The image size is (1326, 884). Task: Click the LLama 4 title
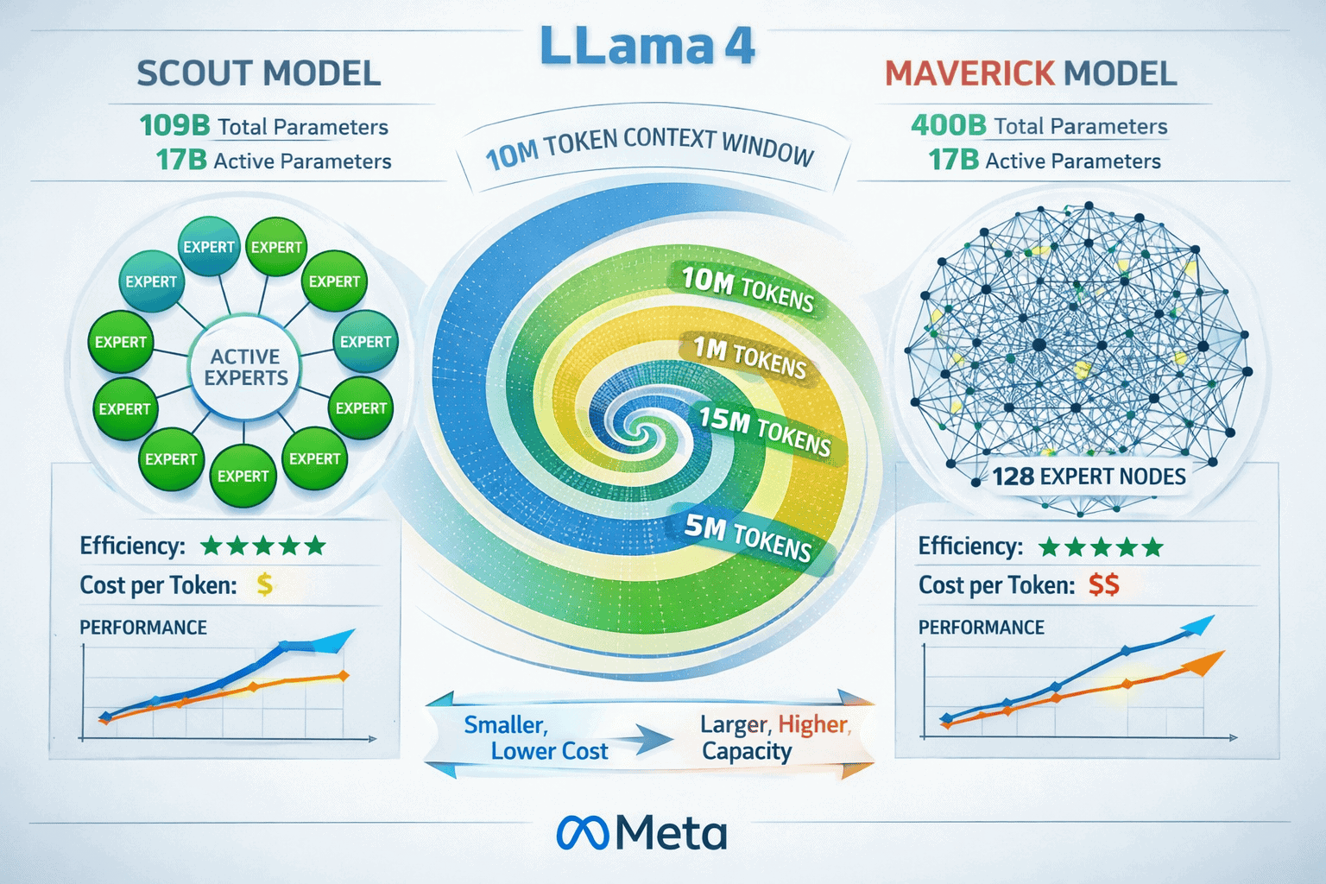coord(647,47)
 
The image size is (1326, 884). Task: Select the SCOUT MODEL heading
coord(258,73)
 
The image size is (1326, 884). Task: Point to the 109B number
coord(174,126)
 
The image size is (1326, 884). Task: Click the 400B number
coord(948,126)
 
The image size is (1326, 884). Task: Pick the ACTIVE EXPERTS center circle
coord(245,368)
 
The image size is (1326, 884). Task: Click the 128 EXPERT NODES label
coord(1088,477)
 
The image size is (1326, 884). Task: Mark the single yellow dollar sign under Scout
coord(265,585)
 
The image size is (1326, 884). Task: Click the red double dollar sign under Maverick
coord(1103,585)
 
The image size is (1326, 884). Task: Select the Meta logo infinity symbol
coord(583,833)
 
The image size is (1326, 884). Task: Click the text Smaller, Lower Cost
coord(535,738)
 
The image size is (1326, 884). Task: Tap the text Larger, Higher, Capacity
coord(774,738)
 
